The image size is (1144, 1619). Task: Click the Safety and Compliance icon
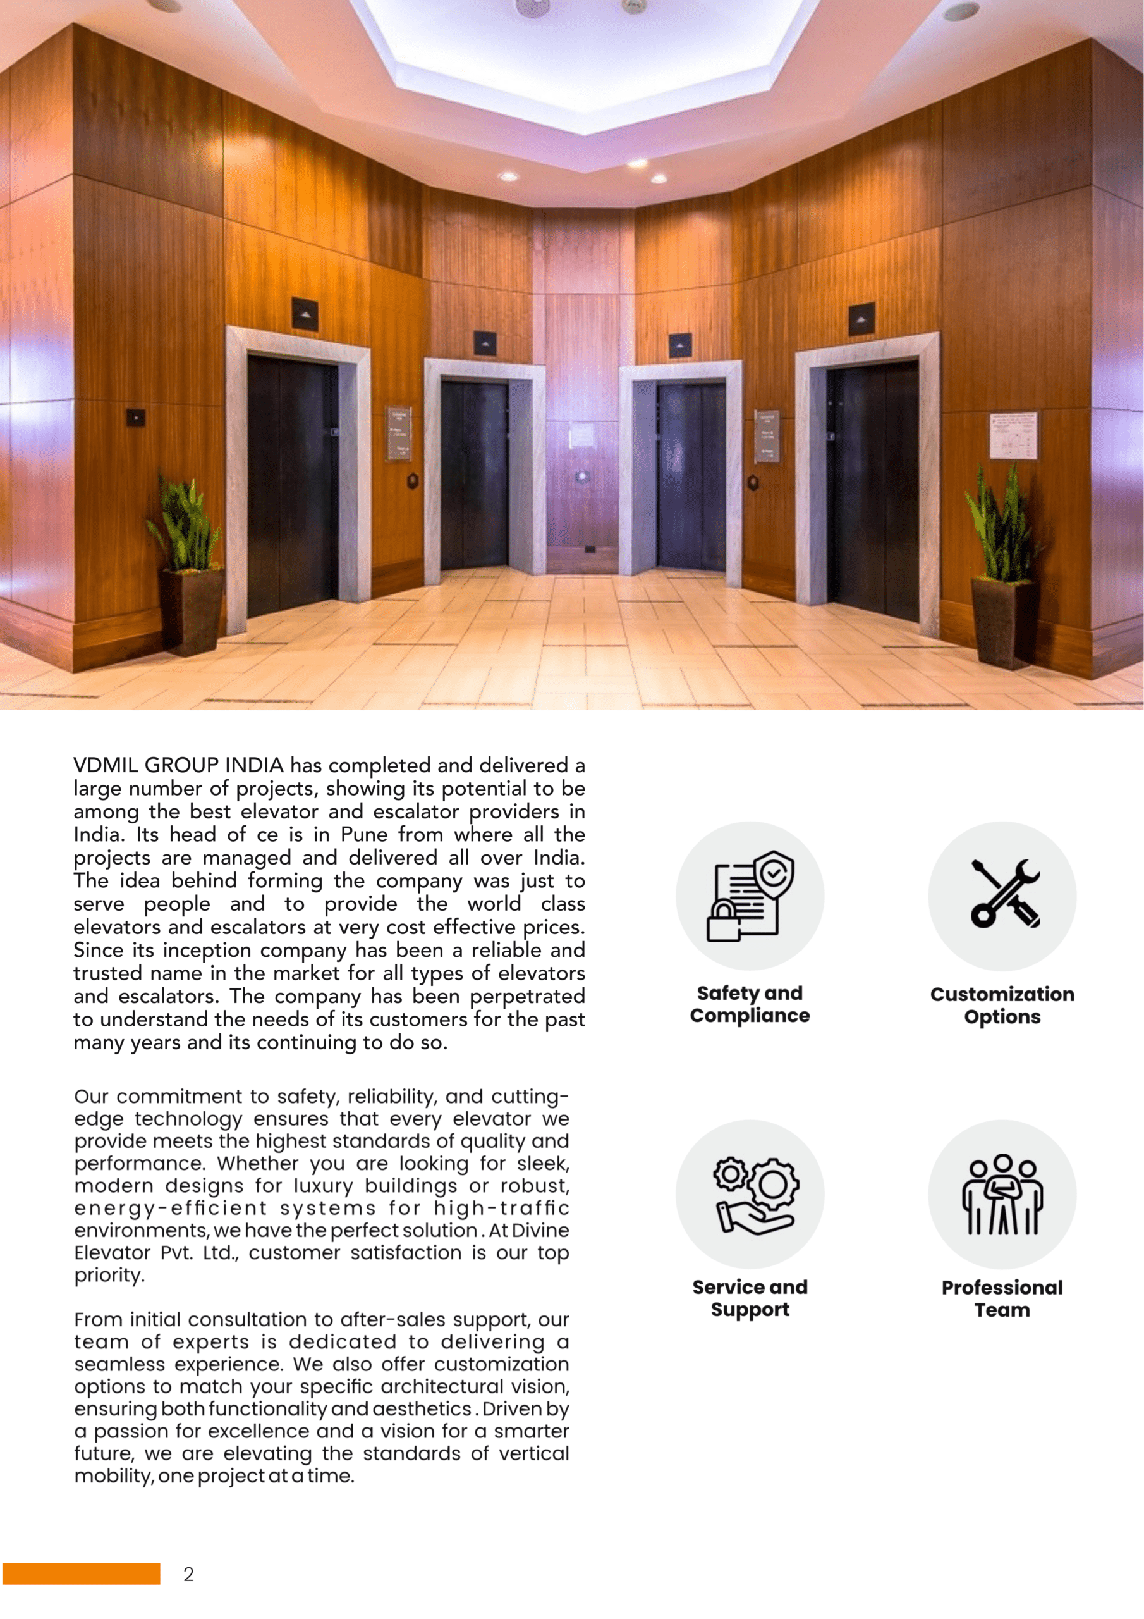coord(750,896)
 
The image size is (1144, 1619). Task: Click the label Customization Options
coord(1002,1006)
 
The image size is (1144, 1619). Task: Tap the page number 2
coord(188,1575)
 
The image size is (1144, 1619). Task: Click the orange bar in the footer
coord(81,1574)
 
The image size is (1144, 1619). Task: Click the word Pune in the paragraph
coord(365,835)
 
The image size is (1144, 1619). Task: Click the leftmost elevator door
coord(293,486)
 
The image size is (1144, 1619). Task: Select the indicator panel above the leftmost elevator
coord(305,314)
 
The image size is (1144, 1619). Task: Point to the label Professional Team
coord(1002,1298)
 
